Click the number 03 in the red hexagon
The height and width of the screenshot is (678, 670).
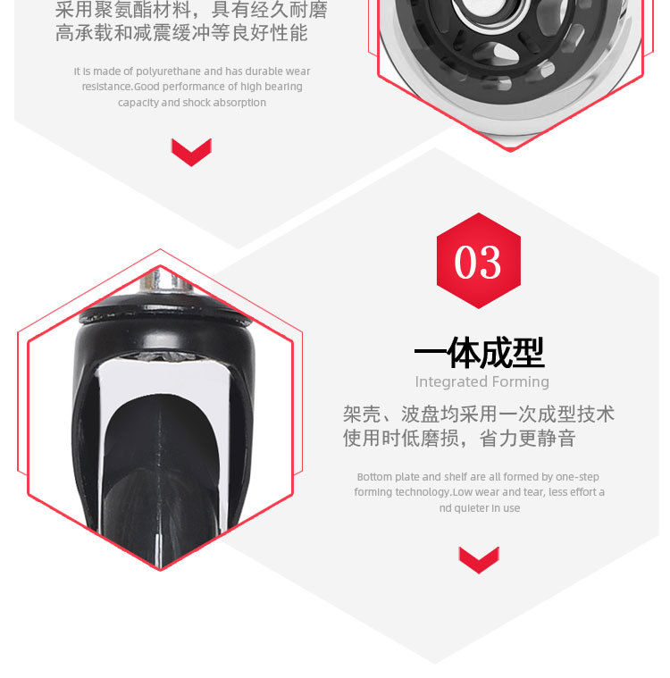pos(478,262)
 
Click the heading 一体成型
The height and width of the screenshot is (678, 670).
pos(479,354)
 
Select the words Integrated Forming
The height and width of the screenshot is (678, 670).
pos(482,382)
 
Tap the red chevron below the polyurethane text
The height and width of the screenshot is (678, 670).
pos(191,152)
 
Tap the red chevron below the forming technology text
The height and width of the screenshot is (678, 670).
pos(478,559)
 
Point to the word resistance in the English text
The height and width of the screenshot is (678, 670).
pos(106,87)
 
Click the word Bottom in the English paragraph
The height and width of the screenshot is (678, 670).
pos(373,477)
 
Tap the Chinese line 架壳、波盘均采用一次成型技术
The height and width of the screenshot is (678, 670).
pos(479,414)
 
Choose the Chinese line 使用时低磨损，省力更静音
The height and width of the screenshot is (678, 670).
pos(459,439)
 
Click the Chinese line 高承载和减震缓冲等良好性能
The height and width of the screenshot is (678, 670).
pos(181,34)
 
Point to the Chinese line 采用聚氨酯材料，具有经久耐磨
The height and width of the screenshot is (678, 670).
pos(191,11)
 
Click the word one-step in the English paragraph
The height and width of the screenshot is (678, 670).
pos(578,477)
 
